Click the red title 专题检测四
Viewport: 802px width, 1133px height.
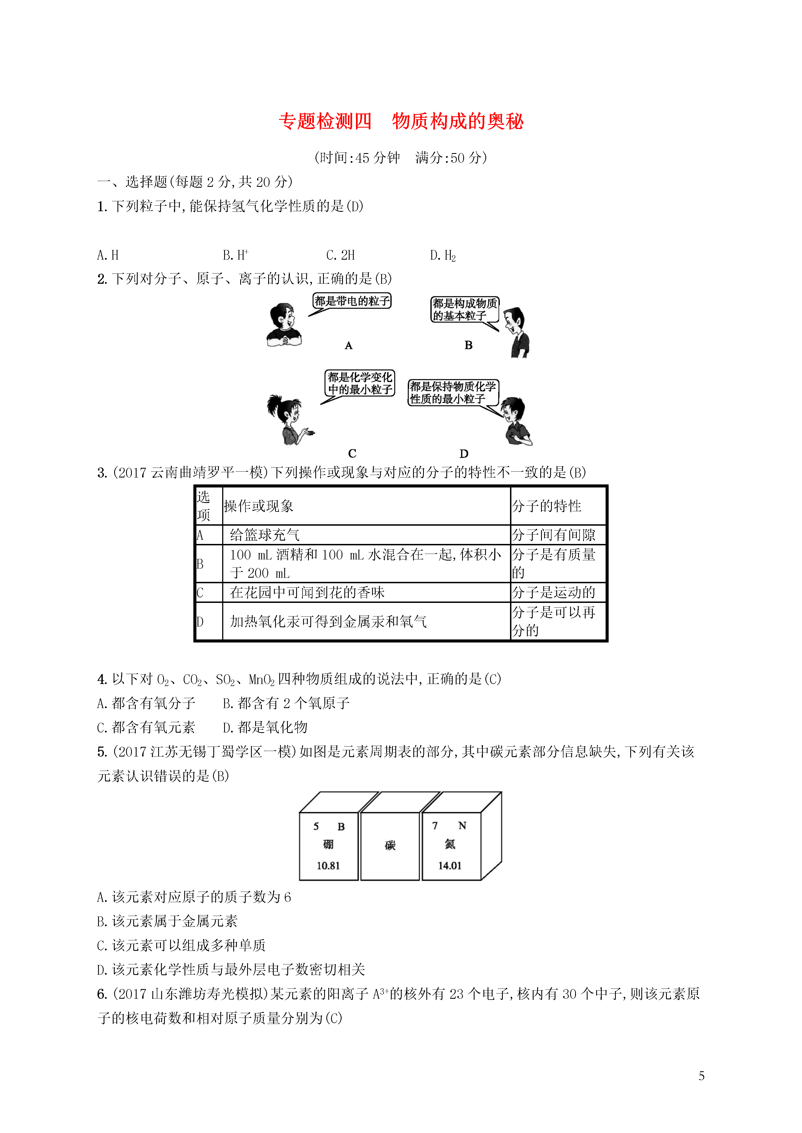[x=325, y=121]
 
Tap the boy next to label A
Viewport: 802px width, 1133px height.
[x=283, y=325]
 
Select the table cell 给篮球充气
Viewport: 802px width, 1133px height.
[x=264, y=535]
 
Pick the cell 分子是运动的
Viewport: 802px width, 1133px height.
[x=553, y=592]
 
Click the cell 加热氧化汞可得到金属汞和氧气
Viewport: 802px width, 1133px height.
[x=328, y=621]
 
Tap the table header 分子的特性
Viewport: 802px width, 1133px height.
[x=546, y=506]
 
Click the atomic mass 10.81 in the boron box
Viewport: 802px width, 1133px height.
[x=328, y=866]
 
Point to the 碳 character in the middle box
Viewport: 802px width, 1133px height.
[x=390, y=845]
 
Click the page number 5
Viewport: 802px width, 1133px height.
[x=701, y=1076]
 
